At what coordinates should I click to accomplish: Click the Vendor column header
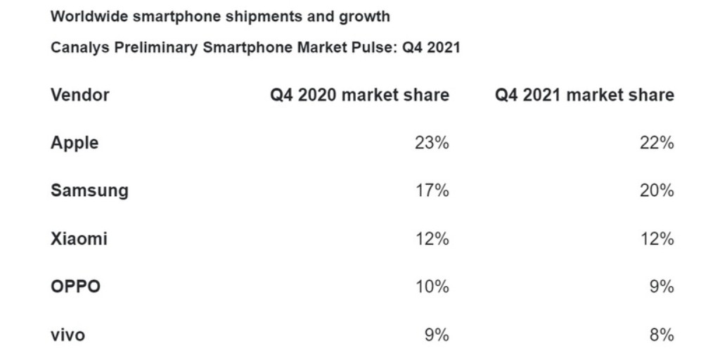coord(79,95)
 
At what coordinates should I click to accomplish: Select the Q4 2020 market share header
coord(359,95)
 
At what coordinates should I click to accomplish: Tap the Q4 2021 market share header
coord(584,95)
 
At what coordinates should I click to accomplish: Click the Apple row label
coord(75,143)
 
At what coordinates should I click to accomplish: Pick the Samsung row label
coord(89,191)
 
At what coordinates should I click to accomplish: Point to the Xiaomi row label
coord(79,239)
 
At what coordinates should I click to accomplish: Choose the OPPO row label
coord(75,287)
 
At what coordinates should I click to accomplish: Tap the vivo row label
coord(67,335)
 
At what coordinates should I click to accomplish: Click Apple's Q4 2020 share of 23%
coord(432,143)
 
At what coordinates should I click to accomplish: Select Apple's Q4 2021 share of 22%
coord(657,143)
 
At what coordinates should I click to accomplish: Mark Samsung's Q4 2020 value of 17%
coord(432,191)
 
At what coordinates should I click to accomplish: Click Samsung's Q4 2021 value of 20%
coord(657,191)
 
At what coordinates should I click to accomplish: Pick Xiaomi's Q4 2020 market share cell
coord(432,239)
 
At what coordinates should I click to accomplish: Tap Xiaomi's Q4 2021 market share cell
coord(657,239)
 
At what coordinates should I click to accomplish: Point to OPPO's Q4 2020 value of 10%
coord(432,287)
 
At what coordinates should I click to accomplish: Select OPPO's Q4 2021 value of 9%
coord(662,287)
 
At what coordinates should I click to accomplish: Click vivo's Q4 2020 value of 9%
coord(437,335)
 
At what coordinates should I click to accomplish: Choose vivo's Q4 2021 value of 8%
coord(662,335)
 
